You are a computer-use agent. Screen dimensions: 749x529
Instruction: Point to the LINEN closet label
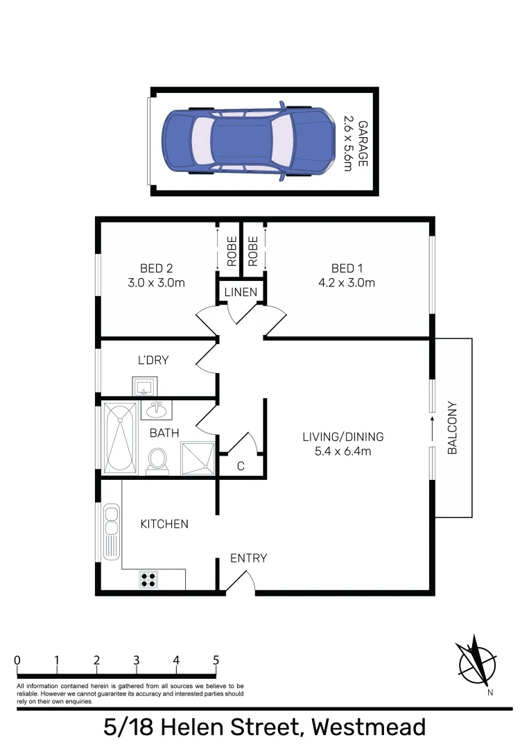(241, 293)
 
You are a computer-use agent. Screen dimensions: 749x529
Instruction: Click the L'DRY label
(153, 361)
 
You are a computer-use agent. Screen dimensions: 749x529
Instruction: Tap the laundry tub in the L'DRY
(146, 386)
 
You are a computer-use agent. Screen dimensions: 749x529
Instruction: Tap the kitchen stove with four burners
(148, 579)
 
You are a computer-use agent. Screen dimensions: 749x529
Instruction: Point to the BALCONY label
(453, 428)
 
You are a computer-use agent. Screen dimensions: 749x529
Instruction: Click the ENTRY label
(248, 558)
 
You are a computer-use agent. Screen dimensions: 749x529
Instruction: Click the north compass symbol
(476, 659)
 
